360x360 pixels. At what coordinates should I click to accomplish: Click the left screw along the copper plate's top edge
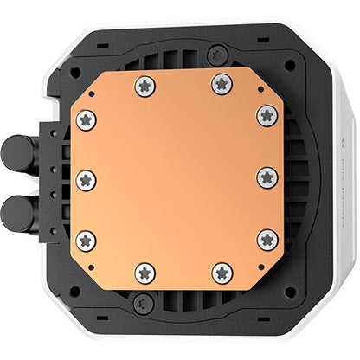tap(145, 85)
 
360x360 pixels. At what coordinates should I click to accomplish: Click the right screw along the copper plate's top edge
tap(222, 84)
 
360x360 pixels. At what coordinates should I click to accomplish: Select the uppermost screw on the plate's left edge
tap(87, 119)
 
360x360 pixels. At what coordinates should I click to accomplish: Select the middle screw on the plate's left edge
tap(87, 180)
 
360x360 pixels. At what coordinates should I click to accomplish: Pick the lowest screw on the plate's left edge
tap(87, 240)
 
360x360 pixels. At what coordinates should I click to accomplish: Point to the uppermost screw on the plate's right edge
tap(267, 116)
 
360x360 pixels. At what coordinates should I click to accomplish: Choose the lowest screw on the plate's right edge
tap(267, 239)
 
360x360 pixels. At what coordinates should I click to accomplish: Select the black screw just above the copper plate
tap(181, 54)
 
